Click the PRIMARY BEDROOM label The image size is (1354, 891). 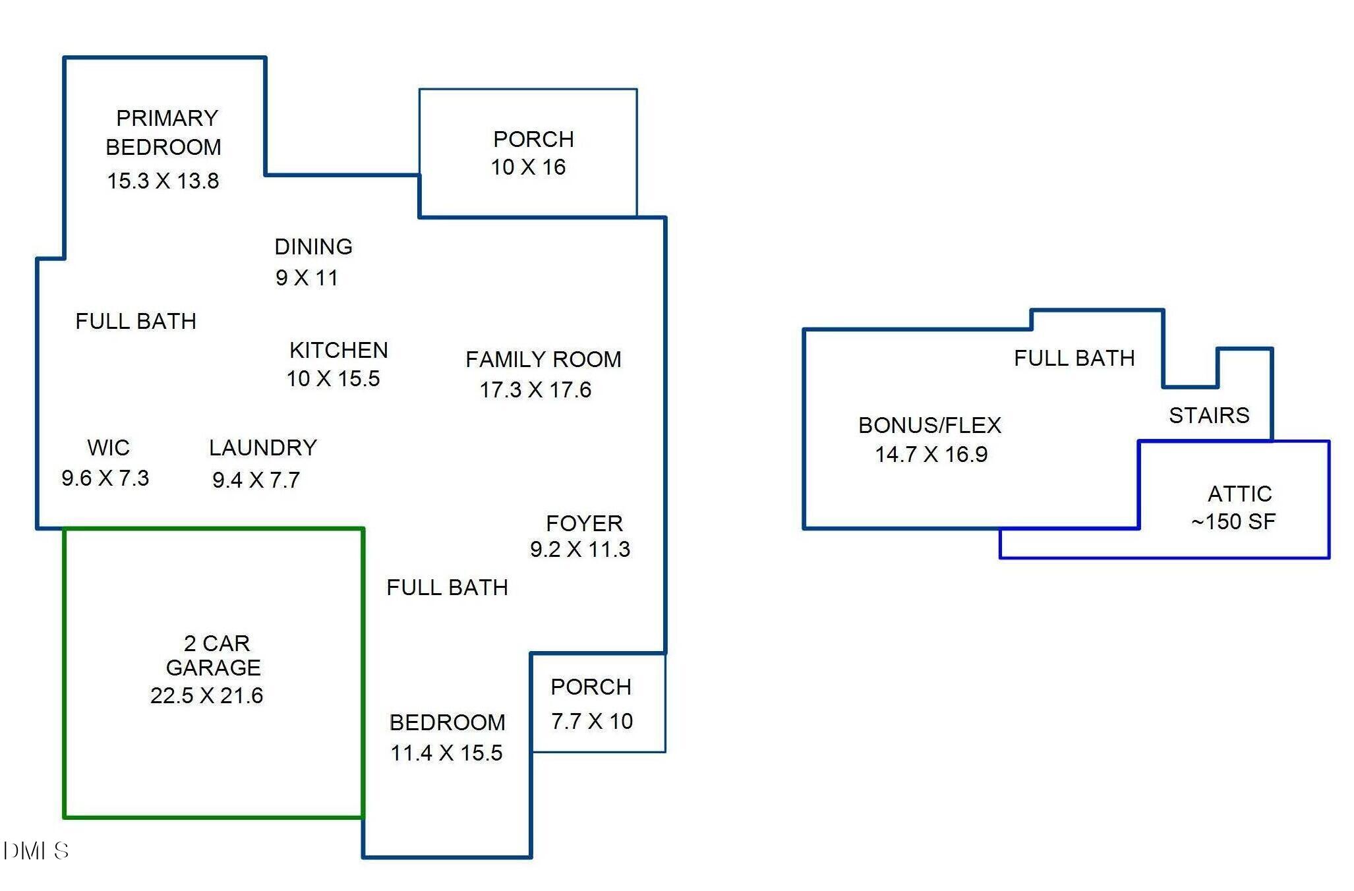163,132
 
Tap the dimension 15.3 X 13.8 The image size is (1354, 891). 163,181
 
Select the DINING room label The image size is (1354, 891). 313,246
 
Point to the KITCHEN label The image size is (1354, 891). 339,350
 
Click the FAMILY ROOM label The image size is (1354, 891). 543,359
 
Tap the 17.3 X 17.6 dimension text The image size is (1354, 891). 535,389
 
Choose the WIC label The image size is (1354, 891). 109,447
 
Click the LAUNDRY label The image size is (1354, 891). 263,447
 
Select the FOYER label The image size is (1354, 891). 584,523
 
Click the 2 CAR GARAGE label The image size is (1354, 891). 214,655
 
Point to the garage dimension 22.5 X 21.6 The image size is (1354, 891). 206,695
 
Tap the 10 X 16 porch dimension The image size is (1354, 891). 528,167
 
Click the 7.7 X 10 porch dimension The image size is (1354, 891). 592,721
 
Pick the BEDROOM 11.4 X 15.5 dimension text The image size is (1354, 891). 446,753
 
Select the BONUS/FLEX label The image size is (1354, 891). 929,425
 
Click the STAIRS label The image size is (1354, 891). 1209,415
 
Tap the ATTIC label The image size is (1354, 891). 1239,494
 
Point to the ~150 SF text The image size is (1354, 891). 1233,521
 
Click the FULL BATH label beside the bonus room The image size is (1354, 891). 1074,358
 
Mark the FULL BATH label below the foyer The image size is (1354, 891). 447,587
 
